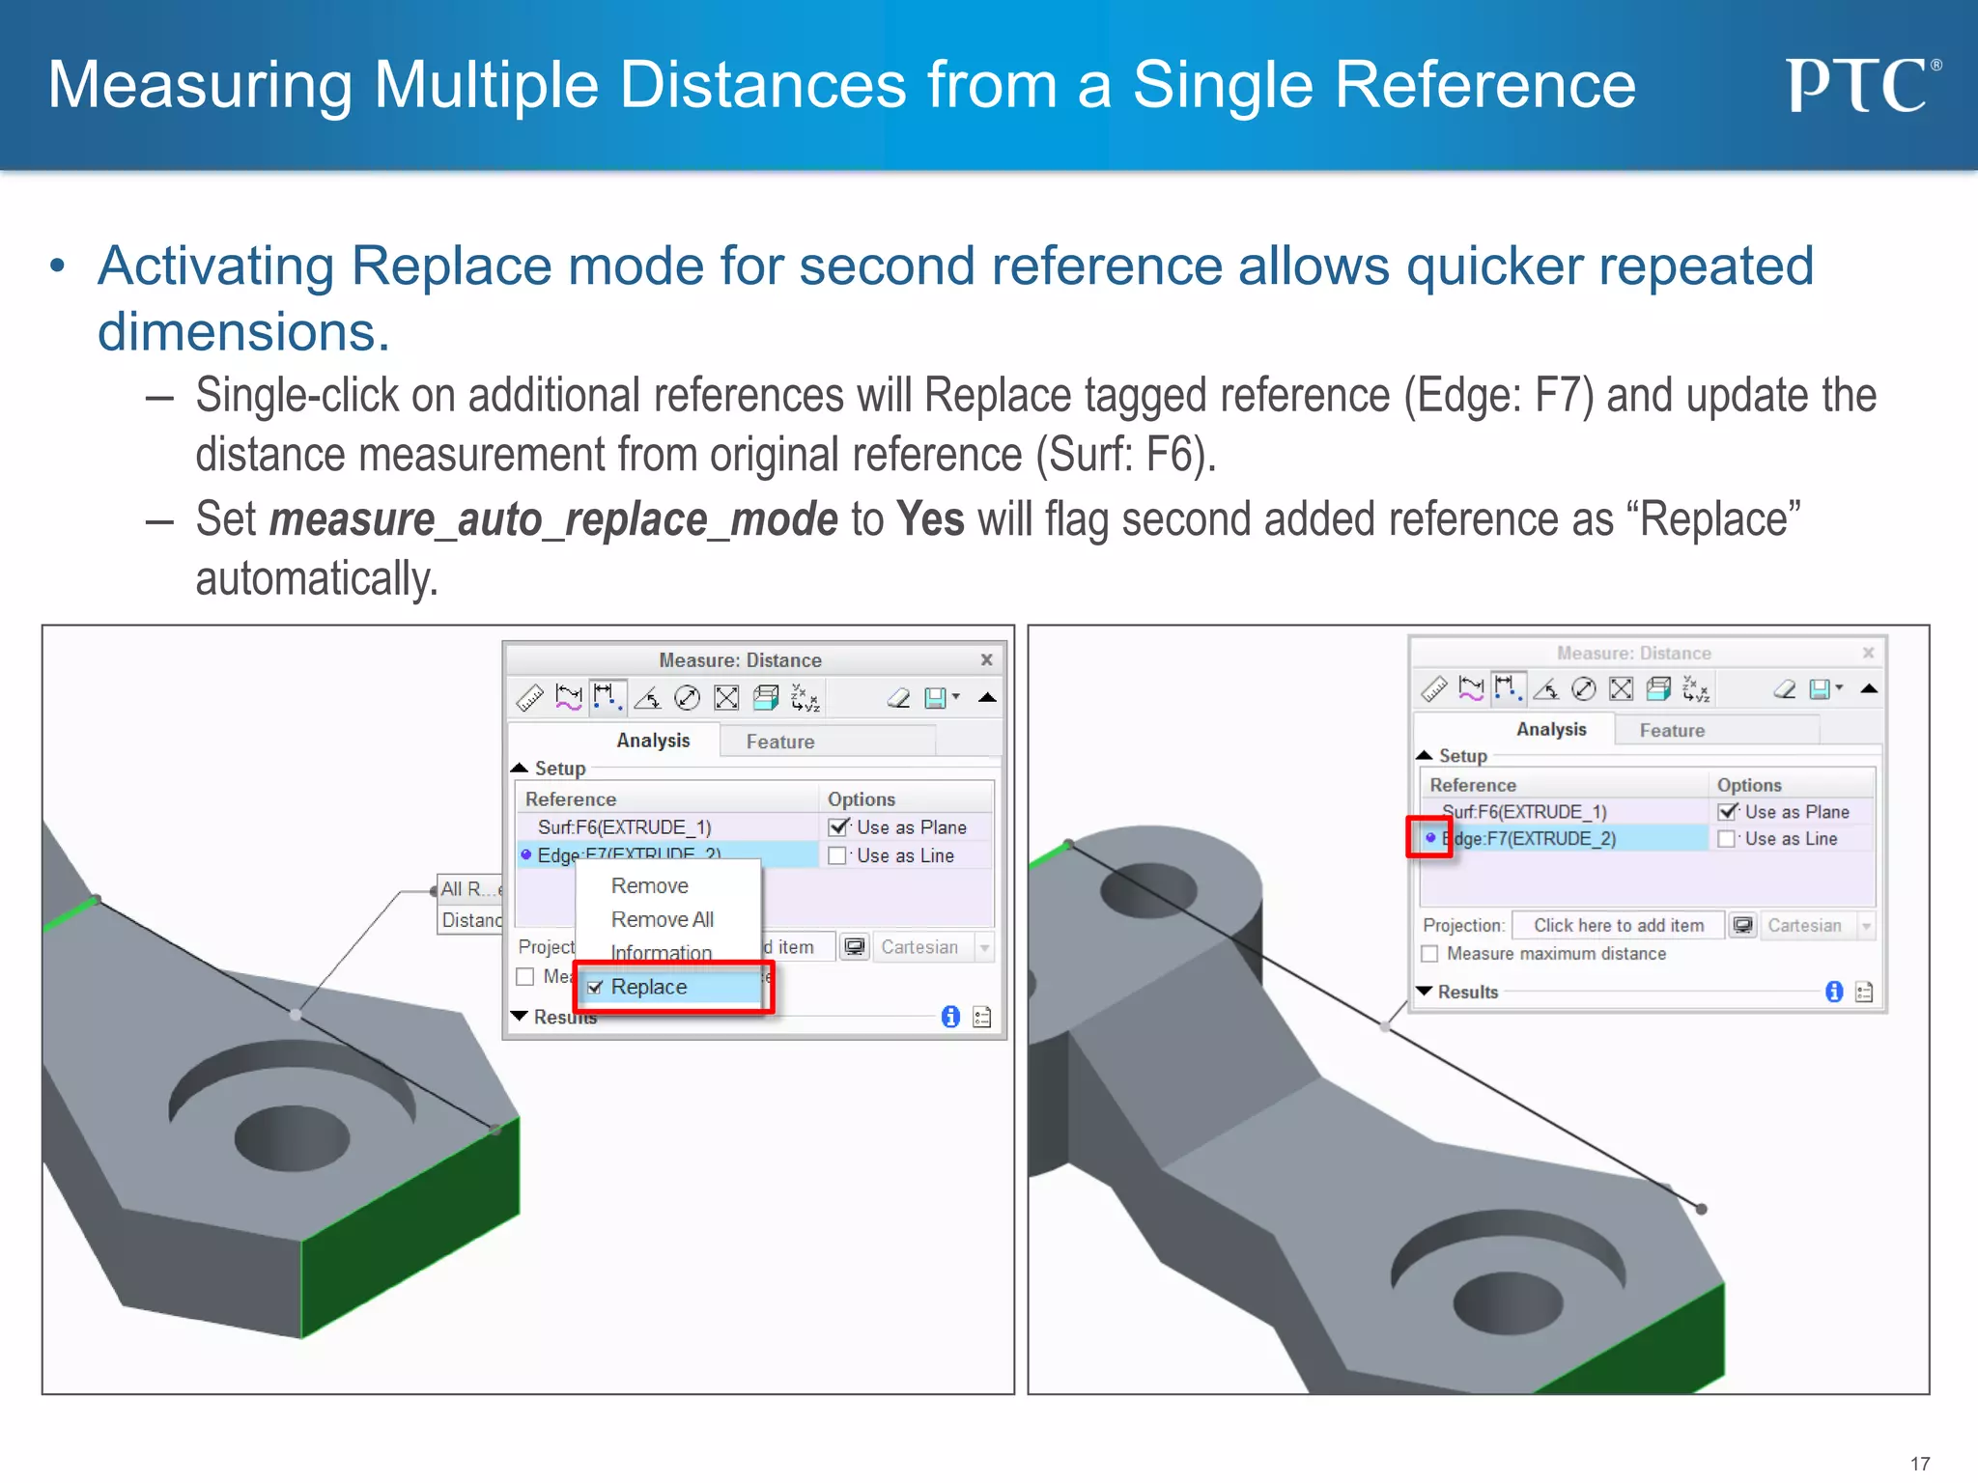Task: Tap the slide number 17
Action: click(x=1920, y=1464)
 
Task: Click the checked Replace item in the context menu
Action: click(x=648, y=987)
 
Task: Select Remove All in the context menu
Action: click(x=662, y=919)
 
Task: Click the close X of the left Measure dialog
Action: click(x=986, y=659)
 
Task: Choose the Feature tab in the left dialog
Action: click(x=779, y=741)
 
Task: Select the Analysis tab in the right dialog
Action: click(x=1550, y=729)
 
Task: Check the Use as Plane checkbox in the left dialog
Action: click(x=838, y=827)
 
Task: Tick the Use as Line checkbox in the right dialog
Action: click(x=1727, y=839)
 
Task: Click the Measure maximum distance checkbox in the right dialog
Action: click(x=1430, y=954)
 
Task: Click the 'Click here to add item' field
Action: click(x=1618, y=925)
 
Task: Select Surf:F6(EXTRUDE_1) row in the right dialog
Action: click(x=1524, y=812)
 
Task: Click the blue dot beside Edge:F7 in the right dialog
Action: click(x=1430, y=838)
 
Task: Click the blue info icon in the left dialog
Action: click(x=950, y=1017)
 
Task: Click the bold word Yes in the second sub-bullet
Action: click(x=930, y=519)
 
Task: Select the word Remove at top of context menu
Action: click(x=649, y=885)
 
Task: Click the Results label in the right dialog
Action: click(x=1467, y=992)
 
